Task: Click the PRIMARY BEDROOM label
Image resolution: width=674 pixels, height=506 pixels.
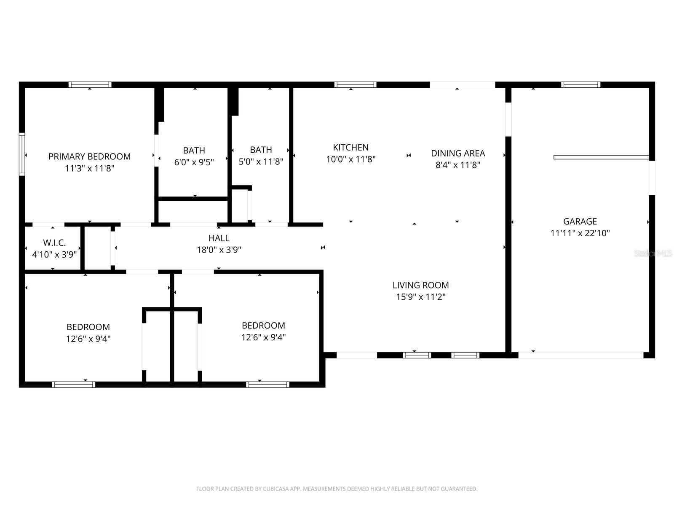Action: pos(89,156)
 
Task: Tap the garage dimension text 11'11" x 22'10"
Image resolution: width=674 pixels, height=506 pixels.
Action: pos(580,233)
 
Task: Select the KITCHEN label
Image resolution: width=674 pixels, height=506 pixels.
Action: pos(350,147)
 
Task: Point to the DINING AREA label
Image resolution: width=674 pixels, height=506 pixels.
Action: pos(458,153)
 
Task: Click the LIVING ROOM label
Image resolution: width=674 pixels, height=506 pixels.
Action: pos(420,285)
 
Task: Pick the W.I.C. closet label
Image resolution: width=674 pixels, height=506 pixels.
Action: pos(54,242)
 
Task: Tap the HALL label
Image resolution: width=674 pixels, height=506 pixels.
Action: pos(219,238)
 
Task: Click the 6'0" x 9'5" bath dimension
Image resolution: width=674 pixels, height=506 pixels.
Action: pos(194,162)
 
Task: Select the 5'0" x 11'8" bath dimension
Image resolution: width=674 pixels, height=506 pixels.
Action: pos(261,161)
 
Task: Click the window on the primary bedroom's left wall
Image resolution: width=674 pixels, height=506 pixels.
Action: pos(22,154)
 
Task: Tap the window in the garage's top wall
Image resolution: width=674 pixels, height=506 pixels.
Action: pos(580,85)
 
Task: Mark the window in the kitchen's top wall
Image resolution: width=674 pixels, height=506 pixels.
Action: pos(355,85)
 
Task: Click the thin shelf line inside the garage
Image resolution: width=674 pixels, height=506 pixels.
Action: pos(601,157)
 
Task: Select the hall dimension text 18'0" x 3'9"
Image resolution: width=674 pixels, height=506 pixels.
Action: pos(219,250)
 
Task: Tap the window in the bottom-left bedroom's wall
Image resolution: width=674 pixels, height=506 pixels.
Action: pos(74,384)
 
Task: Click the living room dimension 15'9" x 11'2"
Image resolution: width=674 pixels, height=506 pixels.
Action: pos(420,297)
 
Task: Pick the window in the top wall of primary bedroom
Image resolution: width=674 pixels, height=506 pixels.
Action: pos(90,85)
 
